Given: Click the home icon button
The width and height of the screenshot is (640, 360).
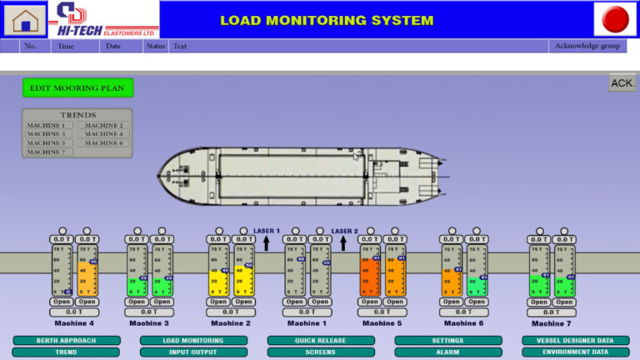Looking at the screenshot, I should [x=24, y=19].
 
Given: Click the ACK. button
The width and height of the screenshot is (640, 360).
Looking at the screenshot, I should [x=622, y=82].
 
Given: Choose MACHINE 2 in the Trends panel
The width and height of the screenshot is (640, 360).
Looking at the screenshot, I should [x=104, y=125].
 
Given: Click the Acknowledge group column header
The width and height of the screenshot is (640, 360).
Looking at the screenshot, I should [x=587, y=46].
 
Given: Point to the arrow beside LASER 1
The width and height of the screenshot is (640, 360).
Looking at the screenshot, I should [x=267, y=242].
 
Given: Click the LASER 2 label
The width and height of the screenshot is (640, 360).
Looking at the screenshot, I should [x=344, y=231].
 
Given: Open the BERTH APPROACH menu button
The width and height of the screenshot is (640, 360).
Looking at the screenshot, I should [x=67, y=341].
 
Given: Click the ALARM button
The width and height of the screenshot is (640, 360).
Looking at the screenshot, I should [x=448, y=352].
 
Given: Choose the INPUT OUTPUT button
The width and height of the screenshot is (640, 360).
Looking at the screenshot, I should [x=193, y=352].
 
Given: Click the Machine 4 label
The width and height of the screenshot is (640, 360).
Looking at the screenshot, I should [x=74, y=323].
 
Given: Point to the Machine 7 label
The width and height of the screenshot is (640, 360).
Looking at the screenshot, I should [x=552, y=323].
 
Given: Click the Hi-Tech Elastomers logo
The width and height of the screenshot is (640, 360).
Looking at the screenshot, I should [x=104, y=19].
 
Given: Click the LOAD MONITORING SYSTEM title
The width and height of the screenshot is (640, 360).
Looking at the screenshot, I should [x=327, y=20].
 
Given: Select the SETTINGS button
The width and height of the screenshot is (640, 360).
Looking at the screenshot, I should [x=448, y=341].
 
